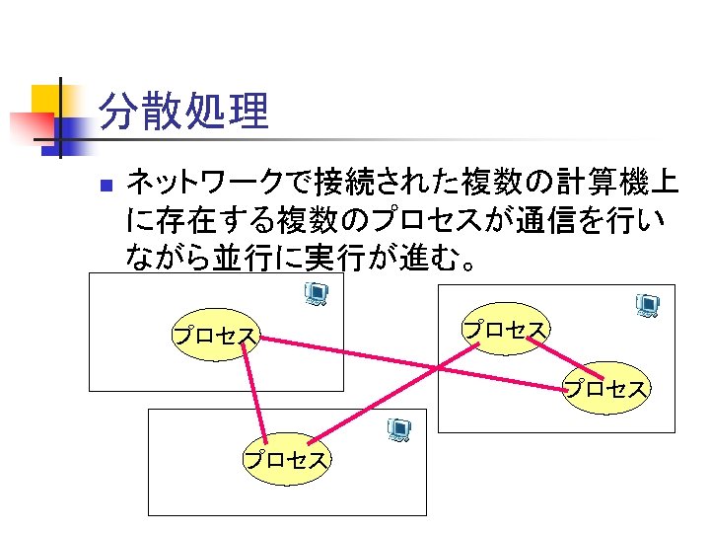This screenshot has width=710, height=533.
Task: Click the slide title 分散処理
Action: pos(184,113)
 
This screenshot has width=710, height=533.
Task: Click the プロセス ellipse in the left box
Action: pos(215,336)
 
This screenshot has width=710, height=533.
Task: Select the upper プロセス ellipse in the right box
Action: pos(505,329)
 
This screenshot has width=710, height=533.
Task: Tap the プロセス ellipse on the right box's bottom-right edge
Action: pos(606,388)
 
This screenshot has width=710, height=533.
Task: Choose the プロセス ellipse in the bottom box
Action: pos(287,459)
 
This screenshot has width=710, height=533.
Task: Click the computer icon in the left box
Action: pos(317,294)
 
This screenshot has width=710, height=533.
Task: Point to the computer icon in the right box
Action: pos(647,306)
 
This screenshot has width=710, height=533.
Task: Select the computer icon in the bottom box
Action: pos(398,430)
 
